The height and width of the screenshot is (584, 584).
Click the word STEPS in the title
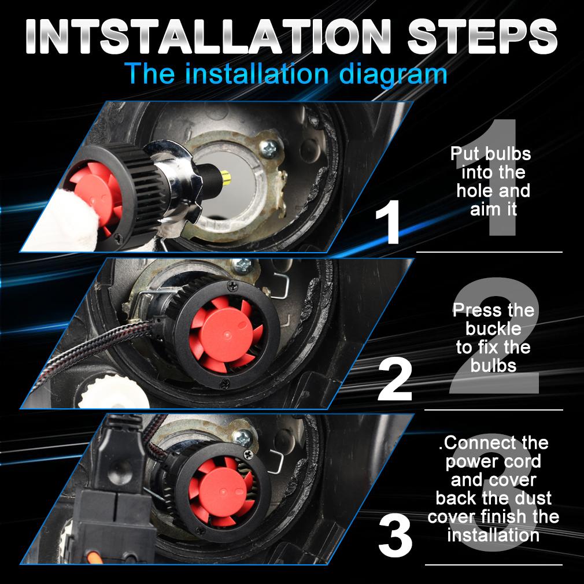point(482,36)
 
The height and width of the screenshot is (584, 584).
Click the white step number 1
point(388,222)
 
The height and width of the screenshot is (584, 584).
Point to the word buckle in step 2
point(493,328)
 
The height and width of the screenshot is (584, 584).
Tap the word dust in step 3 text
point(533,498)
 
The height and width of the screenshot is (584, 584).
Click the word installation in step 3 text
point(493,535)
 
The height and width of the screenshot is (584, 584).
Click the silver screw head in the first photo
point(269,148)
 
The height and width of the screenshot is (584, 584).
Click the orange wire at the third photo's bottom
point(91,557)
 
